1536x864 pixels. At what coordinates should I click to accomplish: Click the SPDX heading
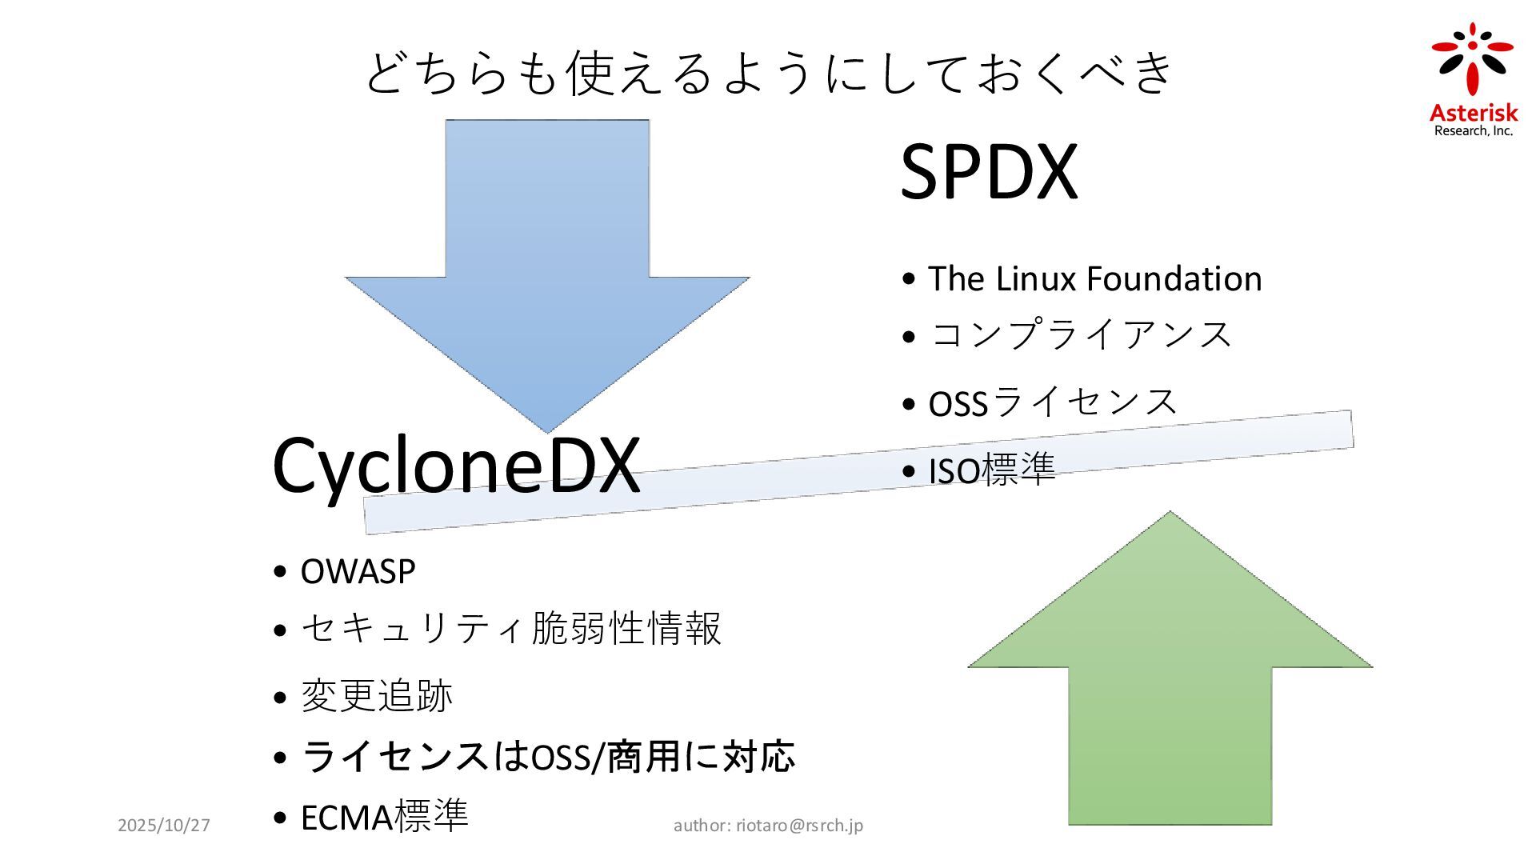tap(989, 171)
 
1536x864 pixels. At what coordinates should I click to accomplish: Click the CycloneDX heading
tap(456, 466)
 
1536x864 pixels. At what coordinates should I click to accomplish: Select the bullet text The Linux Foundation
tap(1094, 278)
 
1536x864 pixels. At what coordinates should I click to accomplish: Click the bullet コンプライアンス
tap(1080, 334)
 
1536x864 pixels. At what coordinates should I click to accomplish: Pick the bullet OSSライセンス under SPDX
tap(1052, 402)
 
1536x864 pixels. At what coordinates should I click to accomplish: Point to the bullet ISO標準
tap(992, 470)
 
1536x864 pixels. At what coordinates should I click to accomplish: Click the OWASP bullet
tap(358, 571)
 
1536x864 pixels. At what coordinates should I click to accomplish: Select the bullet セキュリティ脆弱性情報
tap(510, 628)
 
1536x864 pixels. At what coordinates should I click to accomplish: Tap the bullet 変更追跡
tap(376, 695)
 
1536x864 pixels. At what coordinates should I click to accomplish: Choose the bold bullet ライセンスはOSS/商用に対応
tap(548, 757)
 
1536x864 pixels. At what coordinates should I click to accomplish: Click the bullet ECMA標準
tap(384, 817)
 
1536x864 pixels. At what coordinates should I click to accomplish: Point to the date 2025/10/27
tap(164, 825)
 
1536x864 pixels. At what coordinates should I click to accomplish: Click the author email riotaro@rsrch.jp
tap(799, 825)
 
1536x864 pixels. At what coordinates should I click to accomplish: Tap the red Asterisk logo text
tap(1474, 113)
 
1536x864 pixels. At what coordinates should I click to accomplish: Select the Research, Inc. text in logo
tap(1474, 131)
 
